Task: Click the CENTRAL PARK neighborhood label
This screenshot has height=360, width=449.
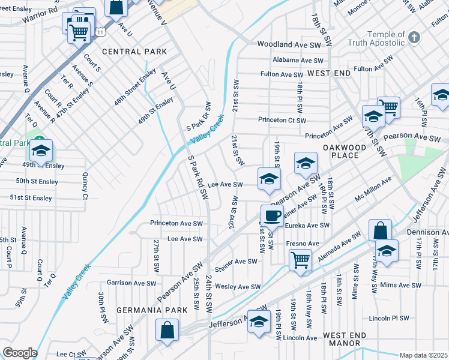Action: point(134,52)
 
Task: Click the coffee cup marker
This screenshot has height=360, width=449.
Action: point(272,215)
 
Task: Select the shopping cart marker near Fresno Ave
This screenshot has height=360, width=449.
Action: point(300,260)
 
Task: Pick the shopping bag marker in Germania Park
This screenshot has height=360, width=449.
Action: point(167,329)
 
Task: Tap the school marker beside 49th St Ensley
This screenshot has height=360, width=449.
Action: point(41,151)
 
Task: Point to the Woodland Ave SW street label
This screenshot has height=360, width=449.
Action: point(290,44)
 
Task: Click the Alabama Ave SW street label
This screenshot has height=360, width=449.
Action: point(298,60)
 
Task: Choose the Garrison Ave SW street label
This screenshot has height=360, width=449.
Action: point(131,283)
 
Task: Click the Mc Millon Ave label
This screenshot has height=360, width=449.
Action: point(373,187)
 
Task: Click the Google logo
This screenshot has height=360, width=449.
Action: point(20,353)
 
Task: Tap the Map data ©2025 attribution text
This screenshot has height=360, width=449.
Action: point(423,355)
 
